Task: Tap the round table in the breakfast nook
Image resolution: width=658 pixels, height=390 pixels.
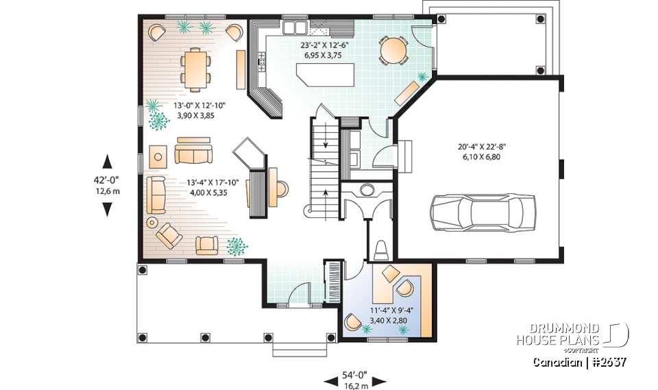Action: pyautogui.click(x=393, y=50)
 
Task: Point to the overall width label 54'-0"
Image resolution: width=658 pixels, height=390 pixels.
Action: pyautogui.click(x=354, y=375)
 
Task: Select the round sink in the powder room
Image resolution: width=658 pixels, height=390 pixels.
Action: pyautogui.click(x=367, y=190)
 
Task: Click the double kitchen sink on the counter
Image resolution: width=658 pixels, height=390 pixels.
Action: pyautogui.click(x=295, y=27)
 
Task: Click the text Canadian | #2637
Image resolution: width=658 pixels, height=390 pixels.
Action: pyautogui.click(x=579, y=362)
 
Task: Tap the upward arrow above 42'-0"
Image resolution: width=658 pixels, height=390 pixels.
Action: pyautogui.click(x=107, y=162)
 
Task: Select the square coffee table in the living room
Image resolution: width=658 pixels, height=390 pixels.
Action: pyautogui.click(x=158, y=156)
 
